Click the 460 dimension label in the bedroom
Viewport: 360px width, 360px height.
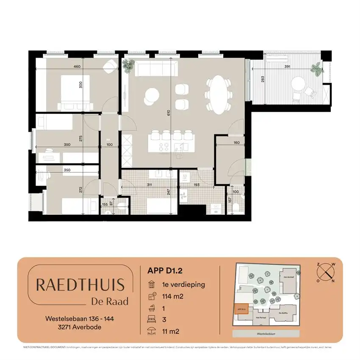pyautogui.click(x=77, y=66)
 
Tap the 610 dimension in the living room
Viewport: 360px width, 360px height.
pyautogui.click(x=168, y=113)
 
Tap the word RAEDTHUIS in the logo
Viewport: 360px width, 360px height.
pyautogui.click(x=80, y=285)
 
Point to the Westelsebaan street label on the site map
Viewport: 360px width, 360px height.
pyautogui.click(x=266, y=334)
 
